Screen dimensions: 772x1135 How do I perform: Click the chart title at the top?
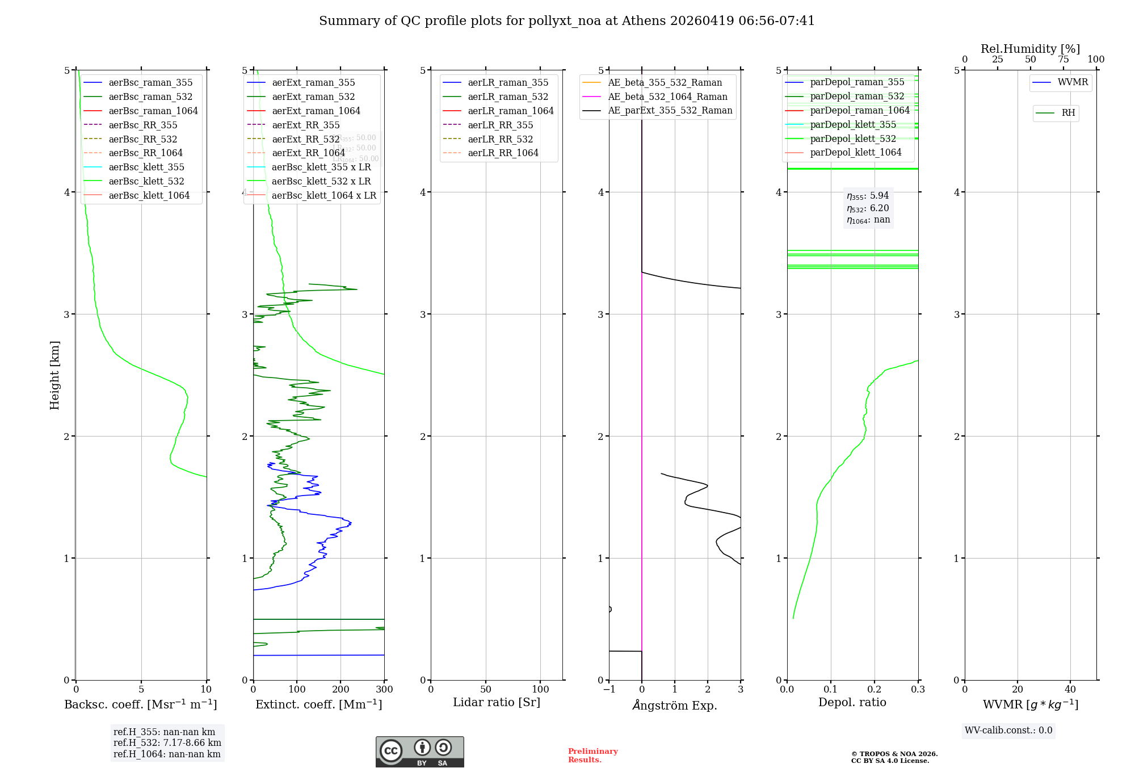(x=566, y=21)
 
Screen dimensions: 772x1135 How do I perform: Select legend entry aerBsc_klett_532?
(x=146, y=182)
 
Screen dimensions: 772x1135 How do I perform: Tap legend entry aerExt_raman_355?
(x=313, y=83)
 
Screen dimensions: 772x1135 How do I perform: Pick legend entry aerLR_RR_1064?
(x=503, y=153)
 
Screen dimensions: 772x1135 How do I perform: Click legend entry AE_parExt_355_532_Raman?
(x=670, y=111)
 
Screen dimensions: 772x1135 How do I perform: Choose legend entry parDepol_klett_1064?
(x=855, y=153)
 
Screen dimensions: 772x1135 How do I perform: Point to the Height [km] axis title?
(x=54, y=375)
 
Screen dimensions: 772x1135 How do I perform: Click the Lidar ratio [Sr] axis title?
(x=497, y=703)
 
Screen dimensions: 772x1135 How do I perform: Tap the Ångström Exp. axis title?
(x=675, y=706)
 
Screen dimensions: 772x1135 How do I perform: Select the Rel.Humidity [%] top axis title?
(x=1030, y=49)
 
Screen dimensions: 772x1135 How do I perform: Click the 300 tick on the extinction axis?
(x=384, y=690)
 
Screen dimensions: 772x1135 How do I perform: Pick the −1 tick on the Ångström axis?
(x=608, y=690)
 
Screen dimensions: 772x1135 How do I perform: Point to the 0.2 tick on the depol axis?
(x=875, y=690)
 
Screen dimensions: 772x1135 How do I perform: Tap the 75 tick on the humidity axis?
(x=1063, y=60)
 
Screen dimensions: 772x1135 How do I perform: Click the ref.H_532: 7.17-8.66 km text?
(x=167, y=743)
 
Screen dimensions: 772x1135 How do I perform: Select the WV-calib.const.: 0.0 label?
(x=1008, y=731)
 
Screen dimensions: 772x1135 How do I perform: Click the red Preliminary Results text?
(x=592, y=756)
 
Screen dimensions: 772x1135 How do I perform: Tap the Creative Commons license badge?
(x=419, y=752)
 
